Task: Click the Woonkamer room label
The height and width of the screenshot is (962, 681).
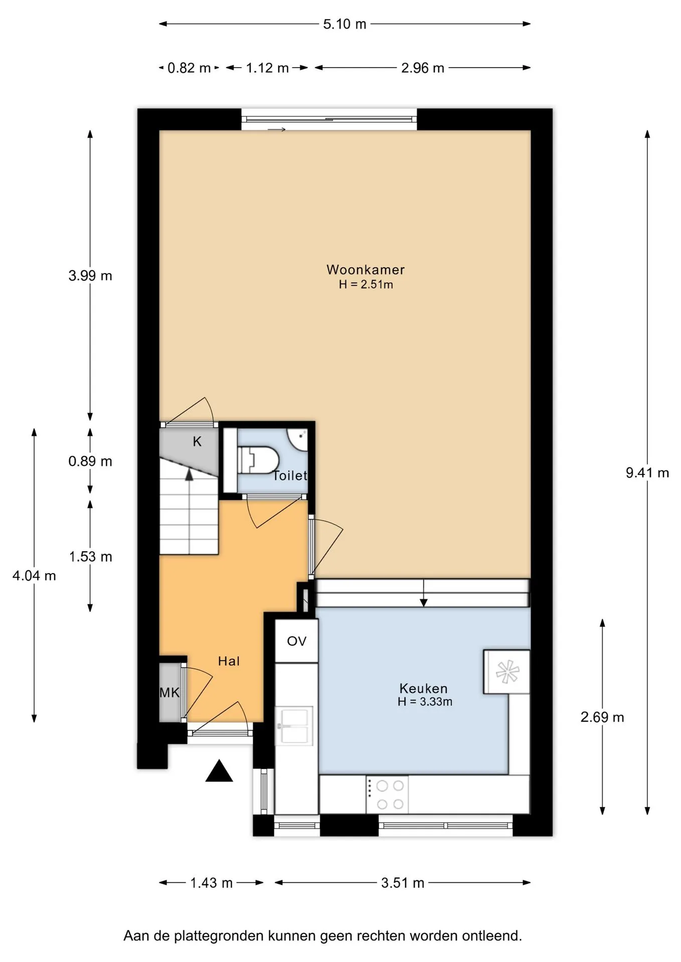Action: [x=366, y=270]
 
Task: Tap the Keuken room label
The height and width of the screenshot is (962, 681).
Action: [x=423, y=688]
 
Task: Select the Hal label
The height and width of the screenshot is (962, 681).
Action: [x=229, y=661]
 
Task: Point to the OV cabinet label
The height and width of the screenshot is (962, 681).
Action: [x=296, y=641]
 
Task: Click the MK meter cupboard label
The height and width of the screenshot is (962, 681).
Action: [x=169, y=692]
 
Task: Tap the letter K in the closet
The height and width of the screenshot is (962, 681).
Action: [x=197, y=441]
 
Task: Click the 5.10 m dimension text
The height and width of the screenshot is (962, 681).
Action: [x=345, y=24]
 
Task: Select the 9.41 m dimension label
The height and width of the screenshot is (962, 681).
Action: [x=647, y=472]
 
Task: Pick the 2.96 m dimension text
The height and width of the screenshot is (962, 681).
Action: [x=423, y=68]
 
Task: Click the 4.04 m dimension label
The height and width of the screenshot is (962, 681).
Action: [x=34, y=576]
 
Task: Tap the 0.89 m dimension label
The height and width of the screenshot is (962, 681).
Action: [x=90, y=461]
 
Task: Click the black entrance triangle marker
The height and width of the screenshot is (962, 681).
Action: [x=219, y=771]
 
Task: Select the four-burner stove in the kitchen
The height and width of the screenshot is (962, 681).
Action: [x=387, y=795]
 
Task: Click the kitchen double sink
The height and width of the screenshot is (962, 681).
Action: [x=294, y=726]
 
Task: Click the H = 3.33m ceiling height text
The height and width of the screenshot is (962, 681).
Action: [x=425, y=702]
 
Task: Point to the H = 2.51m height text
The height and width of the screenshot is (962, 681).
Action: [x=366, y=285]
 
